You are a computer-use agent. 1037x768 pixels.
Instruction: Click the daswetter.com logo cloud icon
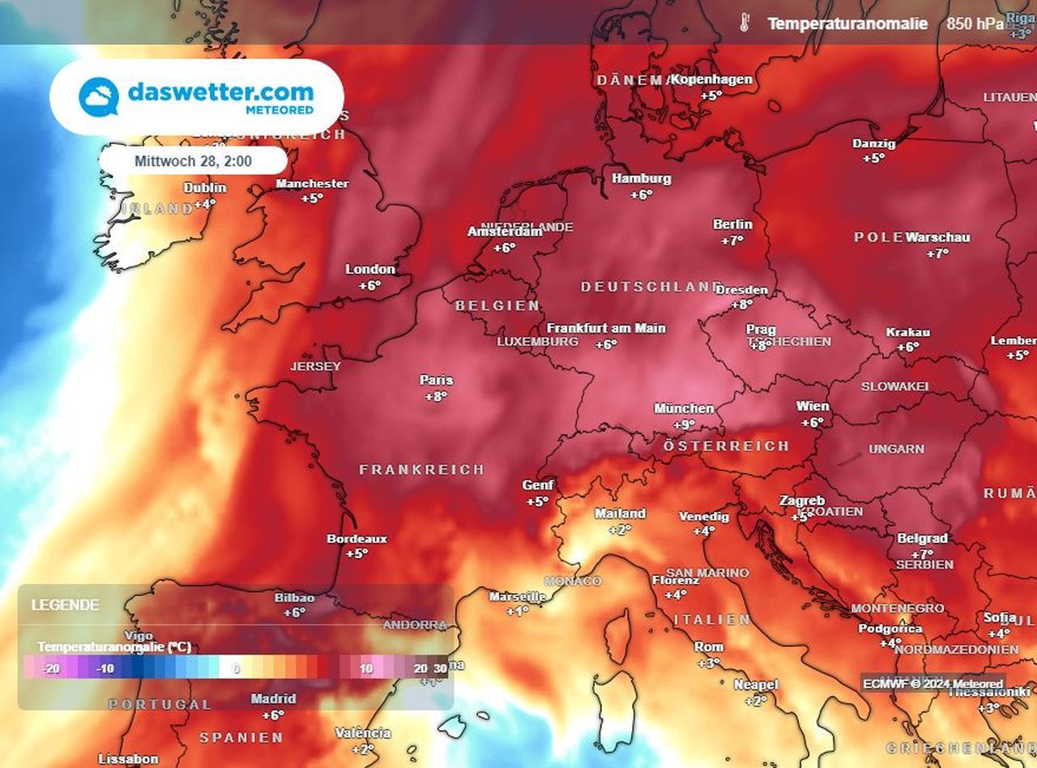(x=99, y=97)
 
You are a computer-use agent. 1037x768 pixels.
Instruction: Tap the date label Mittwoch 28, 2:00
(x=193, y=161)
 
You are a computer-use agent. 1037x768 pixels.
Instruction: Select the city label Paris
(x=436, y=380)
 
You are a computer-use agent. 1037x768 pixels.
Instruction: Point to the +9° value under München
(x=685, y=425)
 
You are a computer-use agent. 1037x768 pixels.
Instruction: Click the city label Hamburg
(x=641, y=178)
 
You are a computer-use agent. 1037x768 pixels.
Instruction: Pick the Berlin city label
(x=732, y=224)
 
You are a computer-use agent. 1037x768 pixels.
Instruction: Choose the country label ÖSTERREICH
(x=726, y=446)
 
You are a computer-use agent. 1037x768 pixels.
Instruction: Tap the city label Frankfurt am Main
(x=606, y=328)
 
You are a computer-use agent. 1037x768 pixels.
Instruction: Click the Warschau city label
(x=937, y=237)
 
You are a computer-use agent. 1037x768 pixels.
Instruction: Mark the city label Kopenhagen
(x=712, y=79)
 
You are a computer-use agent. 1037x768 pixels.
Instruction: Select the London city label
(x=370, y=269)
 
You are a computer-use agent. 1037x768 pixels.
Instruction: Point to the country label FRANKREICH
(x=422, y=470)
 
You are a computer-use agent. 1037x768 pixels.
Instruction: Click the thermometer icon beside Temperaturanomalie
(x=745, y=23)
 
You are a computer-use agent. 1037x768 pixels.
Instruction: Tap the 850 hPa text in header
(x=969, y=23)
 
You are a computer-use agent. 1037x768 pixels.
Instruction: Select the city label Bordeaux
(x=356, y=539)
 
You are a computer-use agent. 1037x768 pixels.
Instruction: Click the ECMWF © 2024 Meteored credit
(x=932, y=683)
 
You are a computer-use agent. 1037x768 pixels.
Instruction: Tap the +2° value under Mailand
(x=620, y=530)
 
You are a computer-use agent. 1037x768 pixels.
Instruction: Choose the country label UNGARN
(x=896, y=449)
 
